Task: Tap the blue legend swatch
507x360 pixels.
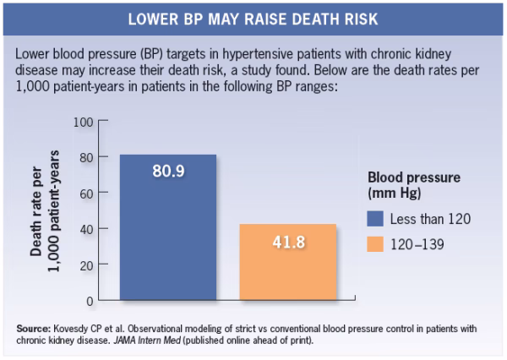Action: pyautogui.click(x=376, y=219)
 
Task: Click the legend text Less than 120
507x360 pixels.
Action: pyautogui.click(x=430, y=219)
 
